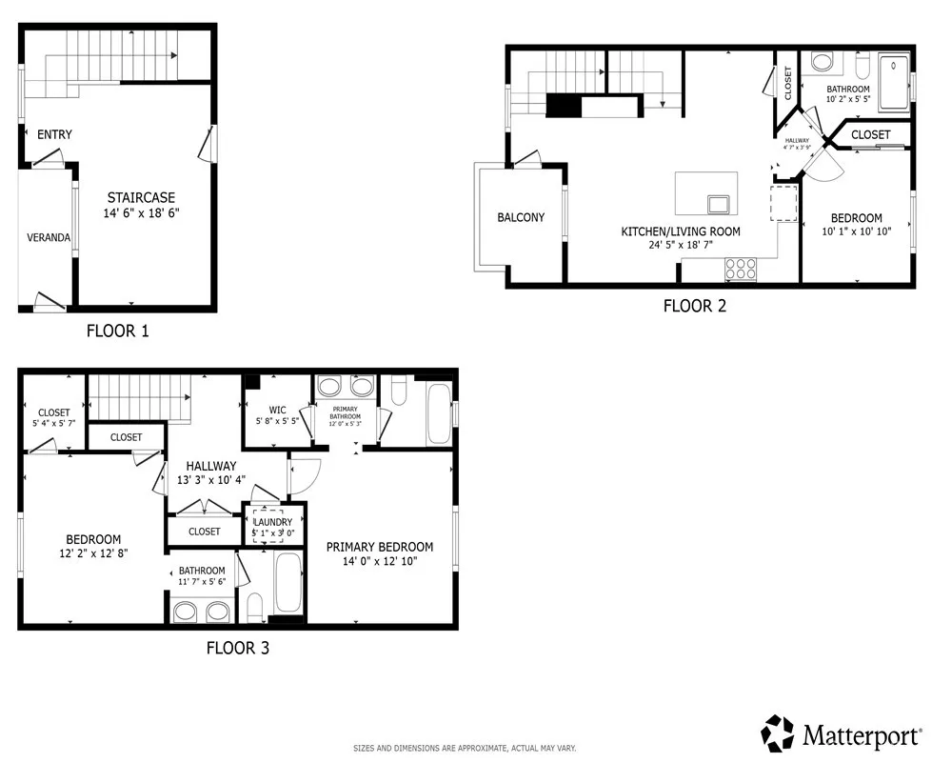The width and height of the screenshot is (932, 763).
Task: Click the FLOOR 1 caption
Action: tap(117, 331)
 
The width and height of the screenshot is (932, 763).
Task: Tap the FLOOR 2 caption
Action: tap(694, 306)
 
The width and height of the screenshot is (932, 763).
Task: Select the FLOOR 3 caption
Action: tap(237, 649)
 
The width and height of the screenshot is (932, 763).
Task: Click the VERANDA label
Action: tap(48, 237)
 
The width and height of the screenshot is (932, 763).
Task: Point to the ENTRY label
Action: tap(54, 134)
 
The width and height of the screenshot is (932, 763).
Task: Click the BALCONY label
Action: tap(521, 217)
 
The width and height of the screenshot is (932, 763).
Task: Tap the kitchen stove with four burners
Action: tap(741, 270)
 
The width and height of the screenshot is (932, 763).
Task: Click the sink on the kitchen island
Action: tap(719, 203)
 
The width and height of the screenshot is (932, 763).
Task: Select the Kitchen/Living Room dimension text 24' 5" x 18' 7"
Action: tap(680, 245)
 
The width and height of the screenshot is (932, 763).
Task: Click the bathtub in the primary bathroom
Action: tap(439, 412)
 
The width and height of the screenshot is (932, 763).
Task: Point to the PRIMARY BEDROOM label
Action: tap(379, 547)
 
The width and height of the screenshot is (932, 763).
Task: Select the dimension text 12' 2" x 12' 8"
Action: tap(92, 552)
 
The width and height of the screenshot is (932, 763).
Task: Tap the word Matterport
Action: tap(863, 735)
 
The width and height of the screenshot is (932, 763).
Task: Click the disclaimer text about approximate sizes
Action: tap(465, 749)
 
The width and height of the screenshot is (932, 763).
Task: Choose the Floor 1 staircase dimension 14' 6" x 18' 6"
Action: tap(142, 214)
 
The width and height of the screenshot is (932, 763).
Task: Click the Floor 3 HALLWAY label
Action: tap(210, 466)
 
